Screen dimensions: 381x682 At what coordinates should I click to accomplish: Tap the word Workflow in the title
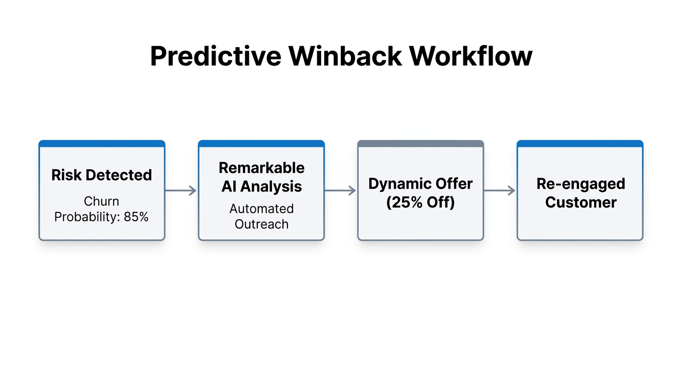tap(471, 56)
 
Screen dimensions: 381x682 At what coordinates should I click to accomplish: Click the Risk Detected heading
tap(102, 175)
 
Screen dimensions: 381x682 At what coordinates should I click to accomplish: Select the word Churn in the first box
tap(102, 201)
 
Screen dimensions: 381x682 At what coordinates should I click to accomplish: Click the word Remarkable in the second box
tap(261, 168)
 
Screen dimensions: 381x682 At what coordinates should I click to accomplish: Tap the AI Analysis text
tap(261, 187)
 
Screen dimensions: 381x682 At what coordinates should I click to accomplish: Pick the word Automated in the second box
tap(261, 209)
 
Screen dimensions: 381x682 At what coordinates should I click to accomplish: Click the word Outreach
tap(261, 224)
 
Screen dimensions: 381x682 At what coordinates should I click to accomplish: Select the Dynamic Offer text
tap(420, 184)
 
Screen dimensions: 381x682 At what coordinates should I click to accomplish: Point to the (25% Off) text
tap(420, 202)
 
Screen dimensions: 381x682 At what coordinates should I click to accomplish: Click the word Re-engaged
tap(580, 184)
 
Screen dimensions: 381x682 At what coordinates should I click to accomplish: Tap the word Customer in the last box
tap(580, 202)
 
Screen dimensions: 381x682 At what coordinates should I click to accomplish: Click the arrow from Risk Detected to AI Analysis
tap(181, 190)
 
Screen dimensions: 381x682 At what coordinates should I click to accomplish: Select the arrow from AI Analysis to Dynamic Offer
tap(341, 190)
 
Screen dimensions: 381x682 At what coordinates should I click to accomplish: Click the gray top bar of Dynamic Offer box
tap(420, 144)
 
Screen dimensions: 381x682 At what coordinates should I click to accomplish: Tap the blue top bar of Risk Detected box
tap(102, 144)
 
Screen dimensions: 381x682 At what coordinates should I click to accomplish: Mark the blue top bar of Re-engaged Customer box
tap(580, 144)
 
